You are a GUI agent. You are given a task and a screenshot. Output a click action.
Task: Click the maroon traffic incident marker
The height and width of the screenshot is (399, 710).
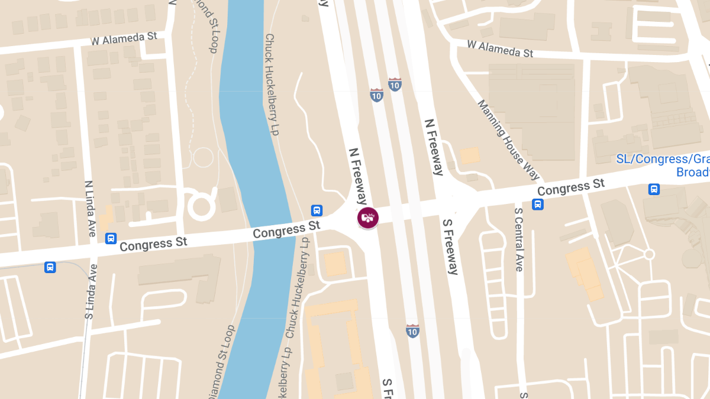point(367,218)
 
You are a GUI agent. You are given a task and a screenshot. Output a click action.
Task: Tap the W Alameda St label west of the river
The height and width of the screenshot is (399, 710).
point(124,39)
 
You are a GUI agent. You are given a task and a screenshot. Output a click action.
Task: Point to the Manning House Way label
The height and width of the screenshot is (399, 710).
point(509,140)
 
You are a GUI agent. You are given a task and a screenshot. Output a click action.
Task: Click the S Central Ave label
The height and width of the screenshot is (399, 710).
point(519,239)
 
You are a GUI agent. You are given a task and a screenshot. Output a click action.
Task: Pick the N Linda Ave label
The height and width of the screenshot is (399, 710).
point(90,209)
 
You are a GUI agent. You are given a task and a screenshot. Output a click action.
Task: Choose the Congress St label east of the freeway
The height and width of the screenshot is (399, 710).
point(571,188)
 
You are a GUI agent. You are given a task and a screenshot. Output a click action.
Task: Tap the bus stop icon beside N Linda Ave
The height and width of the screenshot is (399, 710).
point(111,238)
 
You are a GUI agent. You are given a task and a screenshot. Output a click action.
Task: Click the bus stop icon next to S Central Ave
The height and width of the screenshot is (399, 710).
point(538,205)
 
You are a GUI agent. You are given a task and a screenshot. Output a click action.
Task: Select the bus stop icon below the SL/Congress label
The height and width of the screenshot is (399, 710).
point(654,189)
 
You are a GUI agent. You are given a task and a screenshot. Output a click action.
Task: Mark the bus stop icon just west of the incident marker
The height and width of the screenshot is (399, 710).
point(317,210)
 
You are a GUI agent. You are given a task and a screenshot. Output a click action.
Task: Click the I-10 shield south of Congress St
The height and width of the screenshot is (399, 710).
point(413,330)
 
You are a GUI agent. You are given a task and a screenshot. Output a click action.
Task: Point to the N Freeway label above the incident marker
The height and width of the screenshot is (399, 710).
point(358,176)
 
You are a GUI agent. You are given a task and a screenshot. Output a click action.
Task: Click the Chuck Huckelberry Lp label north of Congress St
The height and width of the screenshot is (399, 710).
point(271,84)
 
